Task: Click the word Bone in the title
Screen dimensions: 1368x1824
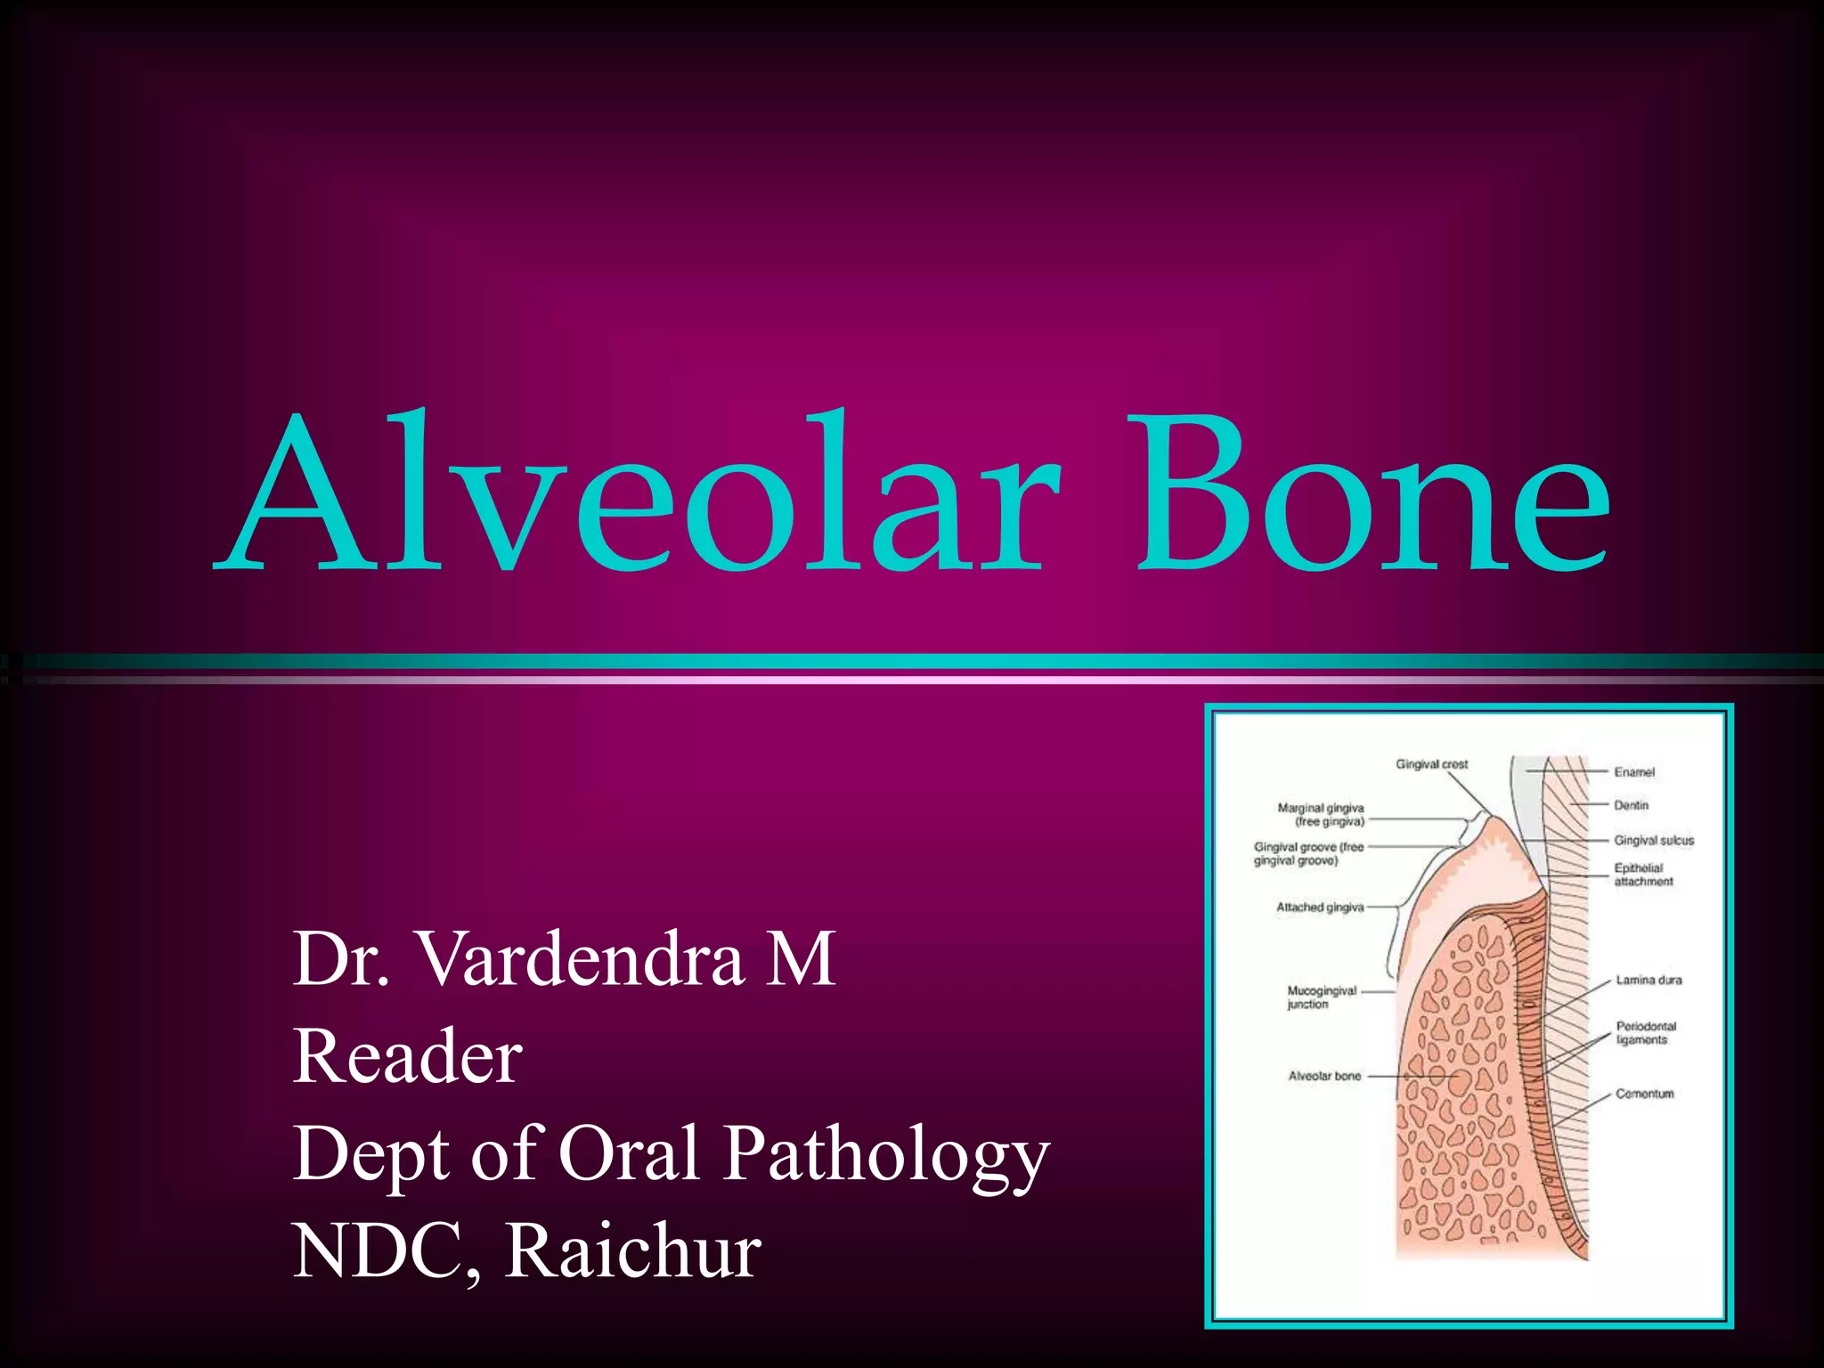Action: (x=1372, y=494)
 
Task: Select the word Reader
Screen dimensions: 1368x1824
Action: (x=407, y=1057)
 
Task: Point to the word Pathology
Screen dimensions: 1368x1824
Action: (x=885, y=1155)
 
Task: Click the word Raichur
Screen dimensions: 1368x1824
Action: (x=633, y=1251)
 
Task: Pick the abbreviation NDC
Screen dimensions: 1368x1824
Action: (x=384, y=1251)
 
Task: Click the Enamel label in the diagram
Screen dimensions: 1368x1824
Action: (x=1634, y=772)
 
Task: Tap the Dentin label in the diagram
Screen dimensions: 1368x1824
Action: (x=1631, y=805)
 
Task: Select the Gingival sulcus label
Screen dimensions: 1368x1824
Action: (x=1653, y=840)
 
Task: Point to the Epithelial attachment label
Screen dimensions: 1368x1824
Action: (x=1643, y=875)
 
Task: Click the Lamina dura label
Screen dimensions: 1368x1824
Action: (x=1649, y=980)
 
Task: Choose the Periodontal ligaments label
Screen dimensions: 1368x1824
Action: (x=1646, y=1033)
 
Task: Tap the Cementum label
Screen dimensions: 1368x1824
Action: (x=1644, y=1094)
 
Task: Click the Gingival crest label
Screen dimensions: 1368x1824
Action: (x=1431, y=764)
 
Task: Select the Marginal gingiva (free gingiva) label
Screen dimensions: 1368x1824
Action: (x=1321, y=814)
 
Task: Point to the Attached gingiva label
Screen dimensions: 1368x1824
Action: (x=1320, y=908)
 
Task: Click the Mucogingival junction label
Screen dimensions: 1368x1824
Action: (x=1322, y=997)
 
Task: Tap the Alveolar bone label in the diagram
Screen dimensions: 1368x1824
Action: (x=1324, y=1076)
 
